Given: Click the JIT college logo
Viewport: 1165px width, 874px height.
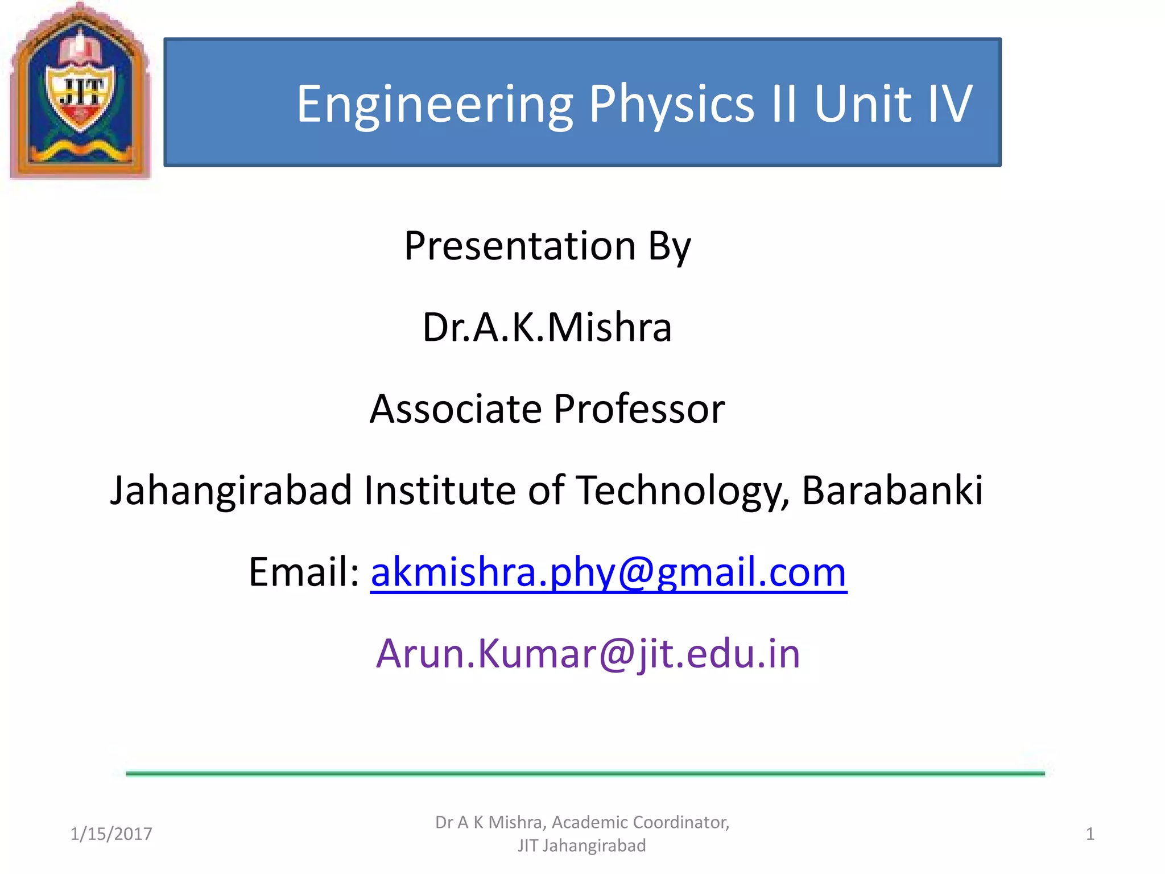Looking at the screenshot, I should tap(80, 91).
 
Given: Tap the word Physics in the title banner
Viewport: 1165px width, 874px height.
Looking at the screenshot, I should tap(671, 104).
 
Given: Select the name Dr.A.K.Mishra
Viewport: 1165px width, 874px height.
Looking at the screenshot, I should tap(547, 328).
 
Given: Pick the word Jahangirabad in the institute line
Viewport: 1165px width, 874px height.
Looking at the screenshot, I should tap(231, 490).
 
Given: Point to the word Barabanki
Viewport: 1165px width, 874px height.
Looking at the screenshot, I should tap(892, 490).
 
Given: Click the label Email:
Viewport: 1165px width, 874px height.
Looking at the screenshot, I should tap(304, 572).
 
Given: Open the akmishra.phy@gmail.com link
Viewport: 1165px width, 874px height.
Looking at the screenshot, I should tap(609, 572).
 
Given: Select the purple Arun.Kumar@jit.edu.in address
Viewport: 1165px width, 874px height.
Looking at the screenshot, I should tap(588, 654).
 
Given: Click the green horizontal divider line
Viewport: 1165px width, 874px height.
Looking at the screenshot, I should tap(585, 773).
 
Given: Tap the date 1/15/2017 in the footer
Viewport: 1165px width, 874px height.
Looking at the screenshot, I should tap(111, 834).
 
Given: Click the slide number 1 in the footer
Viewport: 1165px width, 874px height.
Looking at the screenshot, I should tap(1090, 834).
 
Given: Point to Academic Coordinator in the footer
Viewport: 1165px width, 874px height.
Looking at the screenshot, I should tap(641, 822).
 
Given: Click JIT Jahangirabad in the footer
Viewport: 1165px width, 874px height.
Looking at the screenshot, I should tap(581, 846).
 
